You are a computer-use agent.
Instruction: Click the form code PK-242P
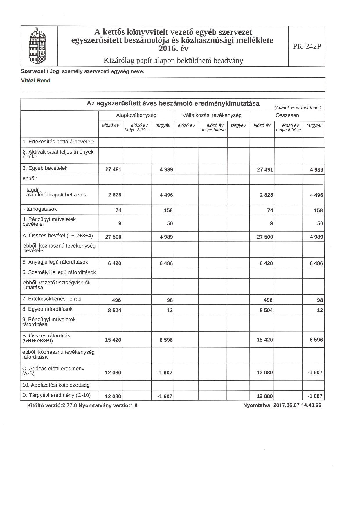[x=307, y=46]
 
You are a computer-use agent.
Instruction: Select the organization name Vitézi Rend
[x=36, y=81]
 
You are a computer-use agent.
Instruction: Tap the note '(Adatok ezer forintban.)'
[x=298, y=108]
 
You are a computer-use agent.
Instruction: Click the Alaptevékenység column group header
[x=136, y=115]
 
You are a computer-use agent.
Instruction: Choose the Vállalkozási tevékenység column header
[x=212, y=115]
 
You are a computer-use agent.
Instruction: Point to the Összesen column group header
[x=287, y=115]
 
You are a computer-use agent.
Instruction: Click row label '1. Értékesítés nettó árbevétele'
[x=58, y=142]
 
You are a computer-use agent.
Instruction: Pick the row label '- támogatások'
[x=40, y=209]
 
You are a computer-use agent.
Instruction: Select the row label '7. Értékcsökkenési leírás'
[x=52, y=299]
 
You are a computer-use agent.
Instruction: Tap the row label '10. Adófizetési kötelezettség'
[x=56, y=385]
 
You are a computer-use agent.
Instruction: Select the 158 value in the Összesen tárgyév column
[x=318, y=210]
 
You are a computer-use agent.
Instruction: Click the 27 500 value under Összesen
[x=265, y=237]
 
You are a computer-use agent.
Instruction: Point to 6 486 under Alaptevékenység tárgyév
[x=166, y=263]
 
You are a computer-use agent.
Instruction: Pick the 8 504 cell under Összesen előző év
[x=266, y=310]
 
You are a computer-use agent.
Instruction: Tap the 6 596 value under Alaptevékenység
[x=166, y=340]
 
